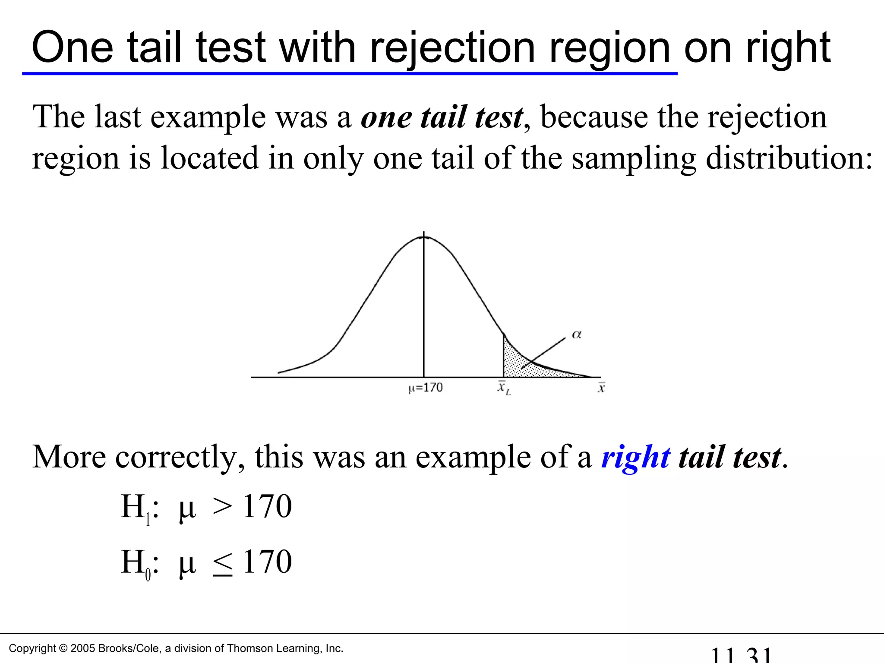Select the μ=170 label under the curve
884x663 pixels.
426,388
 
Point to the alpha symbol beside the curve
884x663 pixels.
577,335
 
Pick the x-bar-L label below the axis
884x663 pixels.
504,388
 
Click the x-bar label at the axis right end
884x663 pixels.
601,388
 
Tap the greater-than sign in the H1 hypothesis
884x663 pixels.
223,506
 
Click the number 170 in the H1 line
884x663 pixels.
267,506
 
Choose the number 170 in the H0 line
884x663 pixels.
267,562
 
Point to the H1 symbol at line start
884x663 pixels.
136,507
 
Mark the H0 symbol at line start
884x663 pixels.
136,563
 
